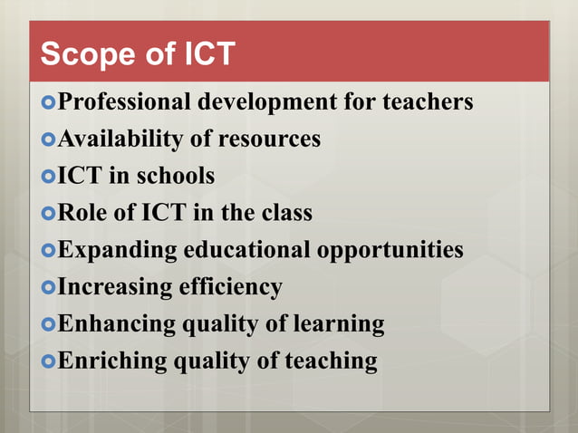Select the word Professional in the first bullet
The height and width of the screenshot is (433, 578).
pyautogui.click(x=124, y=102)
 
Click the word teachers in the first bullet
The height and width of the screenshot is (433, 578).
pyautogui.click(x=429, y=102)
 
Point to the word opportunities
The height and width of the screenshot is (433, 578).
pyautogui.click(x=390, y=250)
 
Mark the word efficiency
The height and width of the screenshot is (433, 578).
pyautogui.click(x=231, y=287)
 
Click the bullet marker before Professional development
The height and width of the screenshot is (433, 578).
pyautogui.click(x=49, y=102)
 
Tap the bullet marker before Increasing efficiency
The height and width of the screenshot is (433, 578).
pyautogui.click(x=49, y=287)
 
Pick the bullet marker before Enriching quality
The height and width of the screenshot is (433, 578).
pyautogui.click(x=49, y=361)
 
